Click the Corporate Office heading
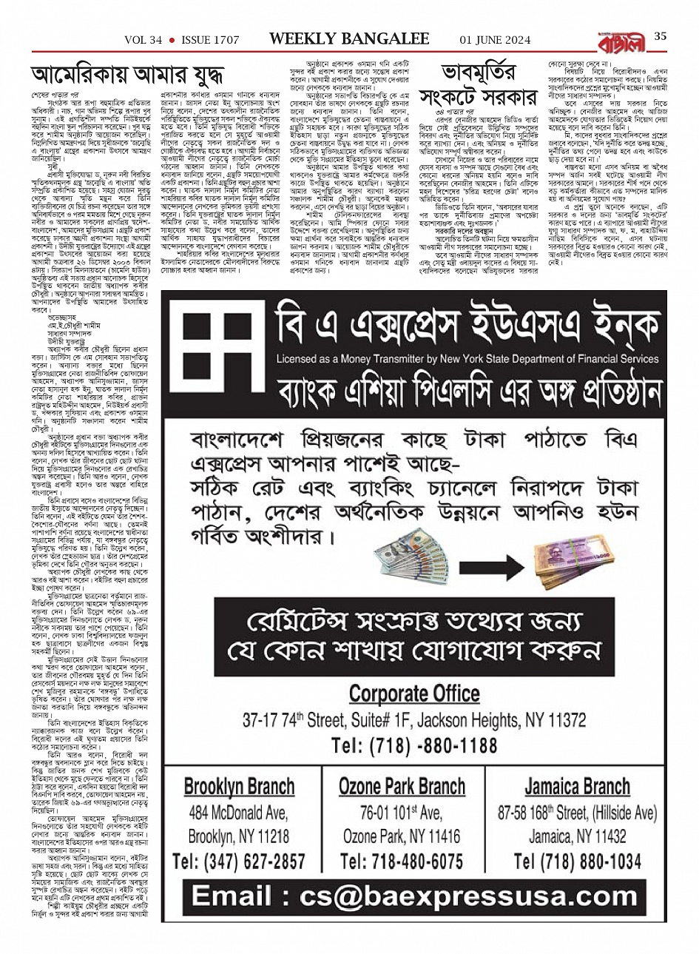(x=414, y=694)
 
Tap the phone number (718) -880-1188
(x=414, y=744)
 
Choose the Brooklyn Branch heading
(x=239, y=786)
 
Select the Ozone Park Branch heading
(x=402, y=786)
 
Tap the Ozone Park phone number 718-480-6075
(x=402, y=861)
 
